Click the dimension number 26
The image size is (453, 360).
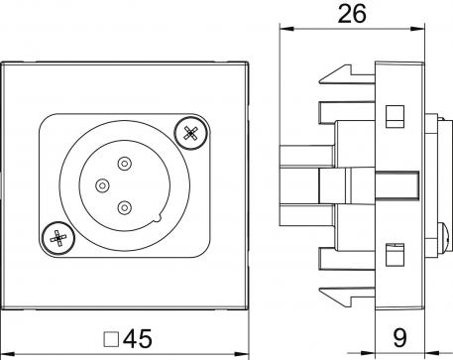(x=352, y=14)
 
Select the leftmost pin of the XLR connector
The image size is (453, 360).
(x=101, y=184)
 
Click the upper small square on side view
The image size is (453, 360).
(x=392, y=115)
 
